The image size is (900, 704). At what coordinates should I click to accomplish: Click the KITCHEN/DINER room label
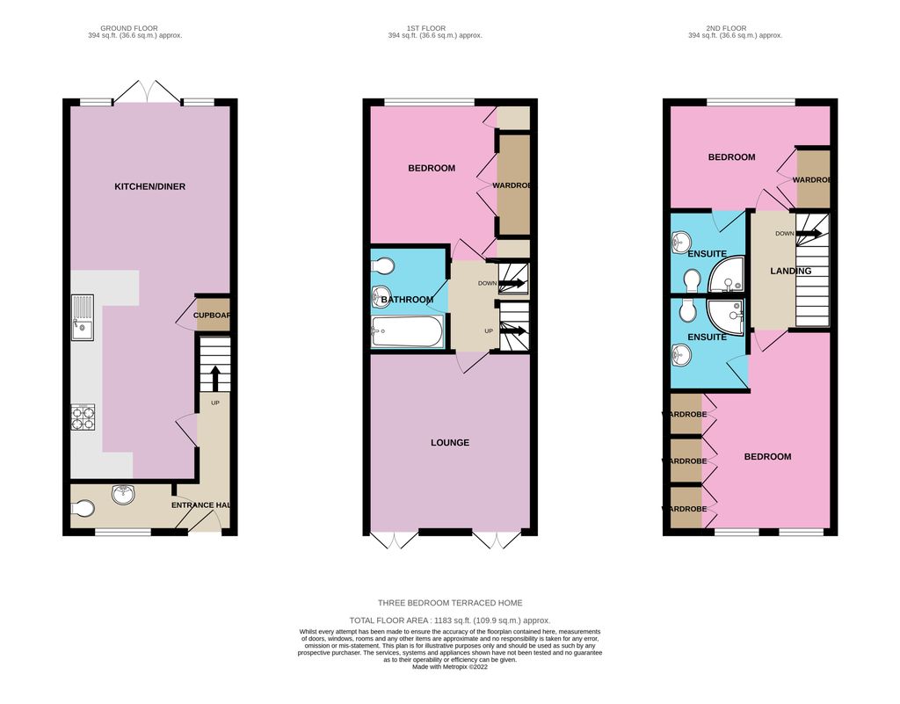pos(149,186)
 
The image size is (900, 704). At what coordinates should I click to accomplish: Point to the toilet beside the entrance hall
pos(82,509)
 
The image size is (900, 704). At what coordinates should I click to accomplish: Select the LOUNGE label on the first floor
pos(450,442)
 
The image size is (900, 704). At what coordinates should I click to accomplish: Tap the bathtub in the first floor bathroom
pos(406,332)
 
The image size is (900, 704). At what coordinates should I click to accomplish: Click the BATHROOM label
pos(407,300)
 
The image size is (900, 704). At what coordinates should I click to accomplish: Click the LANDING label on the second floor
pos(790,271)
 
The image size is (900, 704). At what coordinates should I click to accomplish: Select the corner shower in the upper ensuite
pos(727,274)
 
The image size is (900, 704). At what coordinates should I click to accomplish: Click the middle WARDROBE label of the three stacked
pos(686,461)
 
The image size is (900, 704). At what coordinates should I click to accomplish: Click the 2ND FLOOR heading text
pos(735,27)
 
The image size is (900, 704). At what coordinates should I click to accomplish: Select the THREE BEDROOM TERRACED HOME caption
pos(450,603)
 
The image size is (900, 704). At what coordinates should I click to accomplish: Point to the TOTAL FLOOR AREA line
pos(450,620)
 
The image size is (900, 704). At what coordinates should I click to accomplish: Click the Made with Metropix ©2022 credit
pos(450,666)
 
